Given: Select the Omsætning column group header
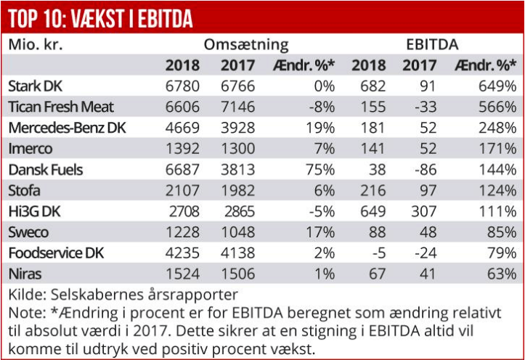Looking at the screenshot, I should click(x=245, y=44).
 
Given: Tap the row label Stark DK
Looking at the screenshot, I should click(x=36, y=86).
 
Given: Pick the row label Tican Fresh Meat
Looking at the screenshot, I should click(x=61, y=107).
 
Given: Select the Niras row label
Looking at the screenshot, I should click(x=25, y=275).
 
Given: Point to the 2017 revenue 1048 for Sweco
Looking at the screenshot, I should click(x=237, y=233).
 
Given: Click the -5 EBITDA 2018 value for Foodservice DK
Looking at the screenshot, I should click(x=376, y=254).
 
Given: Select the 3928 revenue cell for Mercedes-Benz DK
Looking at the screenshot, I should click(x=237, y=128).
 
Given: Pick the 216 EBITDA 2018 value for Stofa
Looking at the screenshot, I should click(x=373, y=191).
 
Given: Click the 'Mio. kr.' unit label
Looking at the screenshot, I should click(x=36, y=44).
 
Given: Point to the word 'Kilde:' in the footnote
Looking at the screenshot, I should click(x=26, y=295).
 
